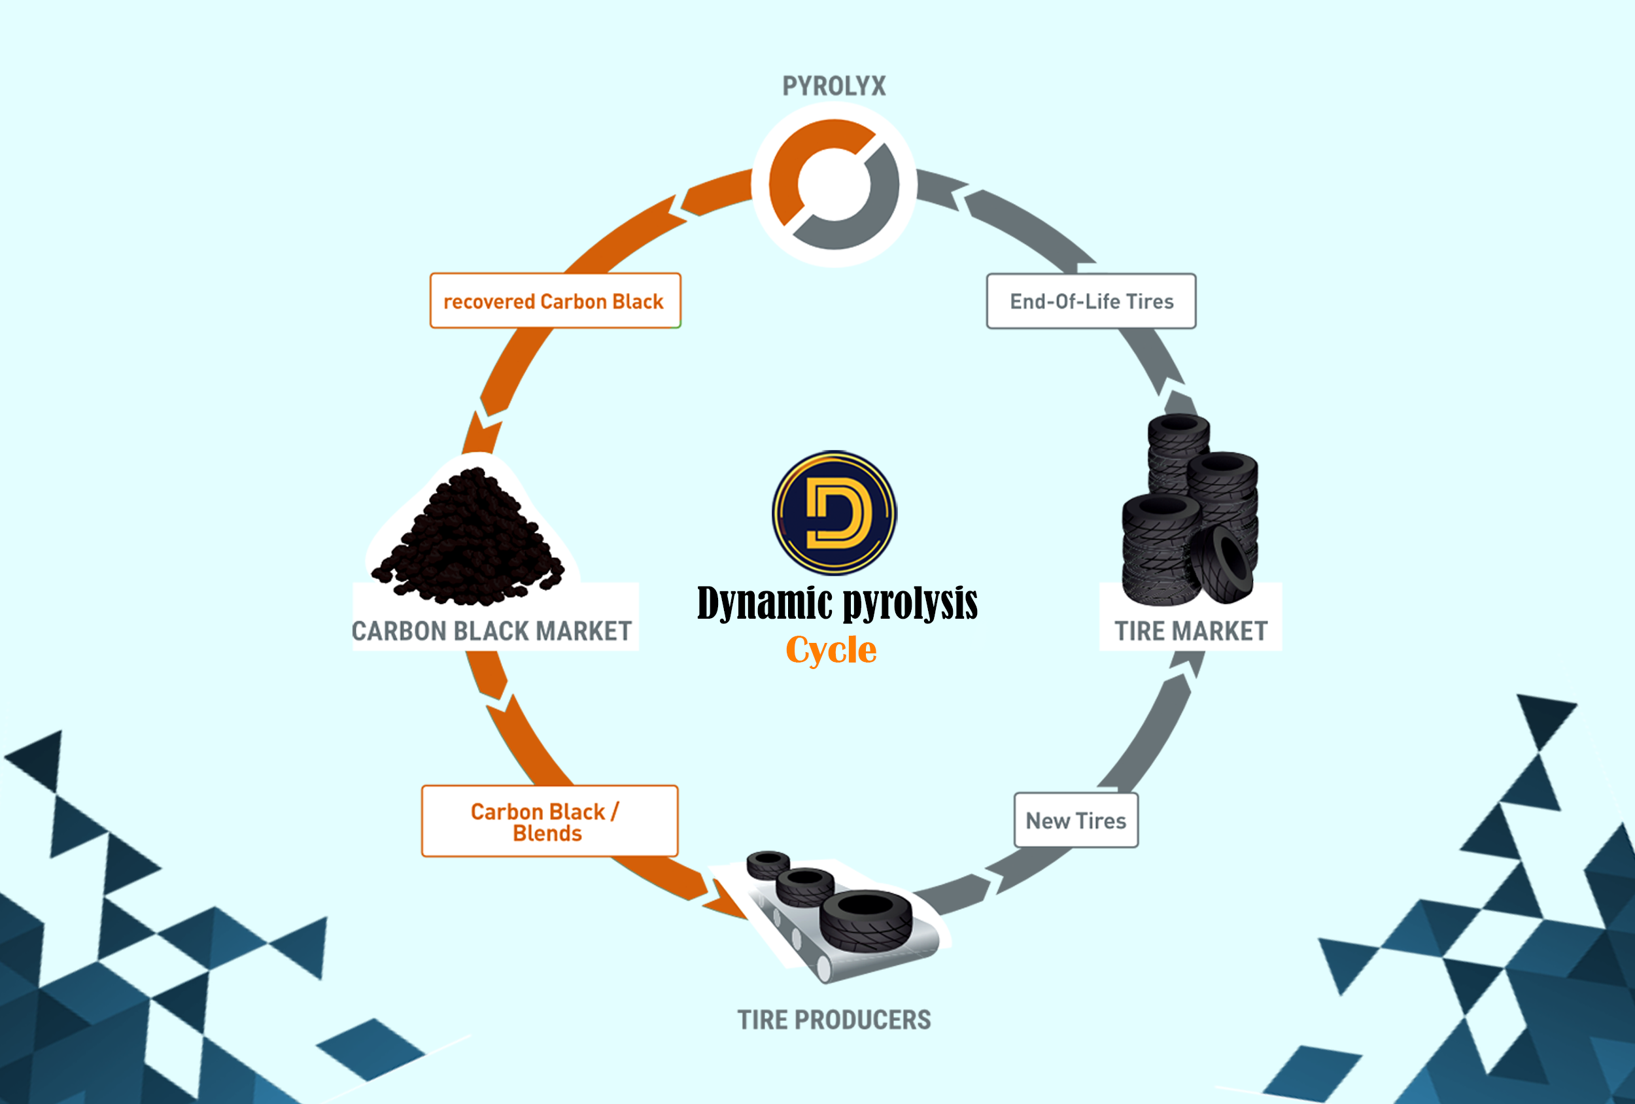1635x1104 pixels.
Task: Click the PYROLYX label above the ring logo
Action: coord(834,86)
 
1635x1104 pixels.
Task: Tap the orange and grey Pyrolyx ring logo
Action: coord(834,184)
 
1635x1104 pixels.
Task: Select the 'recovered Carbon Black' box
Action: coord(555,301)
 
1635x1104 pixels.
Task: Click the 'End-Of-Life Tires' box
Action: coord(1091,301)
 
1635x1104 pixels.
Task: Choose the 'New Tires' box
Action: coord(1076,820)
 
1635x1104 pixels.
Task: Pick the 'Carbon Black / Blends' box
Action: coord(549,821)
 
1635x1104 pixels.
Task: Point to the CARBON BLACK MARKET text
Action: coord(492,631)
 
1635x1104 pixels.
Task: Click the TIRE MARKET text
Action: coord(1191,631)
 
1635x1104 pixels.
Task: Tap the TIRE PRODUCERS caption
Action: coord(834,1020)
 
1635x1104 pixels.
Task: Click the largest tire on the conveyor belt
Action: coord(865,920)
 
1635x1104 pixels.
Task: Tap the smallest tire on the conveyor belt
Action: coord(768,864)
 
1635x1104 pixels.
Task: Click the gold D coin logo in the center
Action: coord(835,512)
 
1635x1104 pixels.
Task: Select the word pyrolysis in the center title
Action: coord(910,604)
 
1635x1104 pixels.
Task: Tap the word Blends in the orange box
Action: coord(547,834)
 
